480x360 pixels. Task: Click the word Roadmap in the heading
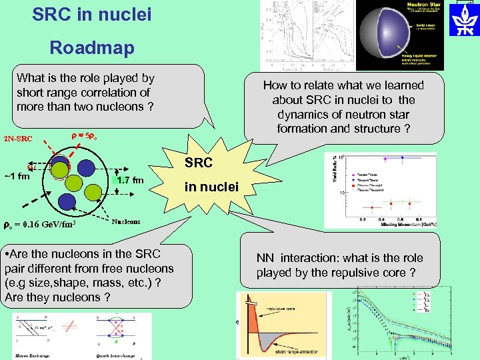[x=92, y=47]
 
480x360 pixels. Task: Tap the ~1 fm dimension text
[x=17, y=177]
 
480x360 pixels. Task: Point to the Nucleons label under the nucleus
[x=125, y=221]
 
